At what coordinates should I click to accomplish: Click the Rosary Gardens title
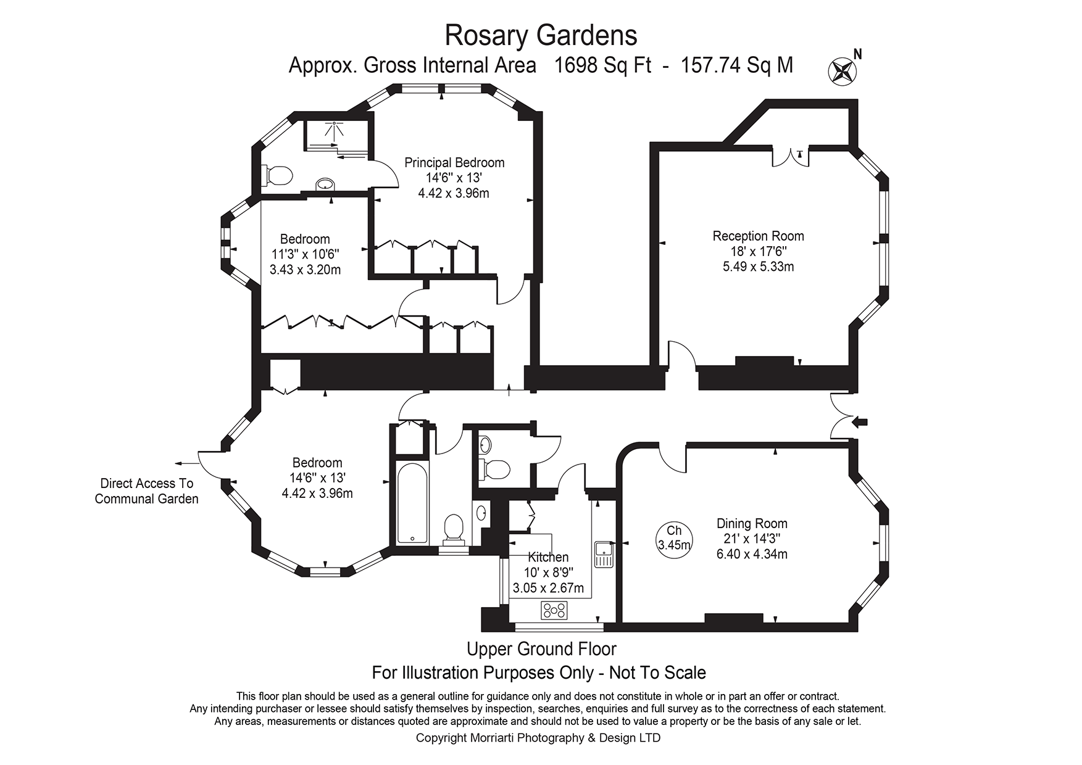point(541,35)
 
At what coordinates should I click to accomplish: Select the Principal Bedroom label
point(454,163)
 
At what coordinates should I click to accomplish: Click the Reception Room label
point(758,236)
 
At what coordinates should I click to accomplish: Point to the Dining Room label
point(751,524)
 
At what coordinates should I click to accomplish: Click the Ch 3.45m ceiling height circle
point(674,537)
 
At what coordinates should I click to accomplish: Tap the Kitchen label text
point(548,557)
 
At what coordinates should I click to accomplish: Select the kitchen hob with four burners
point(554,610)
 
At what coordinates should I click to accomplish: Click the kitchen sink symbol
point(602,553)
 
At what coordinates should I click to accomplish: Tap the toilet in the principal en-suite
point(277,175)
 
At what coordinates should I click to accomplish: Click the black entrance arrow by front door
point(860,422)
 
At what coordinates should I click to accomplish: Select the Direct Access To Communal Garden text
point(146,491)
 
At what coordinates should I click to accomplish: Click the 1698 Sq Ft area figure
point(603,65)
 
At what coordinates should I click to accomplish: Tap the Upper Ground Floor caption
point(541,649)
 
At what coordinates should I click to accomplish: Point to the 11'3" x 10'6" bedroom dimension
point(305,254)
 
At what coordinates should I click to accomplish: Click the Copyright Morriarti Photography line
point(538,738)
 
